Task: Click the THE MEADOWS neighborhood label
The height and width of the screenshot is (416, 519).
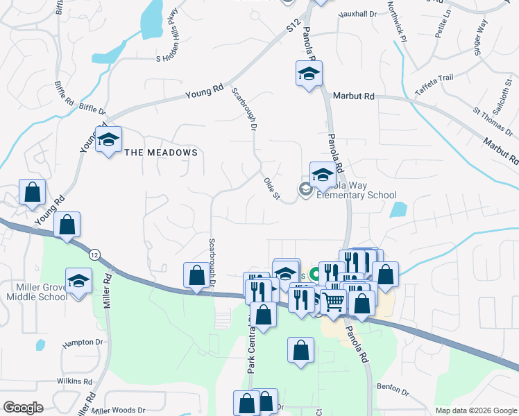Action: [x=161, y=153]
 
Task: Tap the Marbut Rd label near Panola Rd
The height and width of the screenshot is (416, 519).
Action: [x=353, y=96]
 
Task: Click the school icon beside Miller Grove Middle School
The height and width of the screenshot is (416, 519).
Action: [x=79, y=281]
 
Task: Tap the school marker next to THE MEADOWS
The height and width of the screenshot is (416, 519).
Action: [x=108, y=140]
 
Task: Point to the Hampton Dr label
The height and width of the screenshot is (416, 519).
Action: [x=82, y=343]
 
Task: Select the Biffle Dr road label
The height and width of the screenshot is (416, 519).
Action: [x=92, y=109]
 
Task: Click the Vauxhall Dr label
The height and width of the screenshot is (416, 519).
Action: [x=357, y=14]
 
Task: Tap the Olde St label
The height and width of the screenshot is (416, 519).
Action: [x=271, y=190]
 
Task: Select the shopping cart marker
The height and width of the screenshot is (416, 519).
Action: [x=333, y=302]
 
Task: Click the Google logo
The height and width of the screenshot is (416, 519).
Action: [x=23, y=408]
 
